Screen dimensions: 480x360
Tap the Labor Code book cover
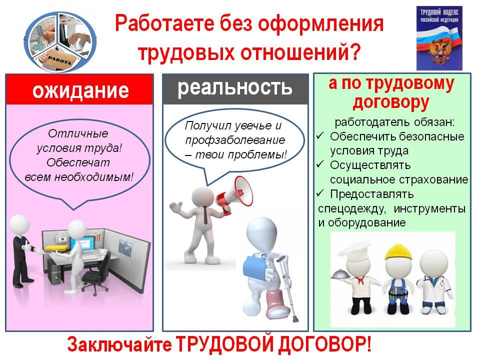439,38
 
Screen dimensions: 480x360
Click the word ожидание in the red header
80,90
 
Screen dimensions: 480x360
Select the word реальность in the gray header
235,88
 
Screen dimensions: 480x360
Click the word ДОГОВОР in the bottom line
324,344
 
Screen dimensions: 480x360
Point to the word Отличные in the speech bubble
78,133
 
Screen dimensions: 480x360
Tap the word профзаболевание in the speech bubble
235,140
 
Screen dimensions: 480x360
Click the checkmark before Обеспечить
320,135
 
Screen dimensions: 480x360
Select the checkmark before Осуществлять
320,164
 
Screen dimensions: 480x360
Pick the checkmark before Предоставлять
320,193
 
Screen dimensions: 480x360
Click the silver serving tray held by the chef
340,274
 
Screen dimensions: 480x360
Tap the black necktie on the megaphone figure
205,215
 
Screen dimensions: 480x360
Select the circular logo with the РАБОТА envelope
60,42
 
